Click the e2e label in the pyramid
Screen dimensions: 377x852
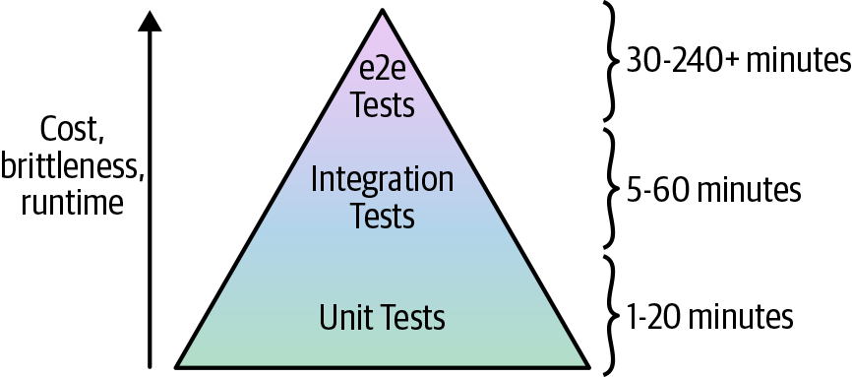pyautogui.click(x=382, y=71)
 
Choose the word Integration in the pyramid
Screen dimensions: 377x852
pyautogui.click(x=382, y=180)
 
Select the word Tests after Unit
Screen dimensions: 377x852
pyautogui.click(x=410, y=318)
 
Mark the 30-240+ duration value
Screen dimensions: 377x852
pyautogui.click(x=679, y=60)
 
